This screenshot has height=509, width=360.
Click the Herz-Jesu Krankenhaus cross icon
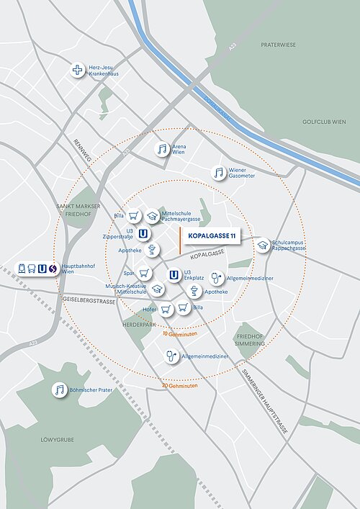coord(78,71)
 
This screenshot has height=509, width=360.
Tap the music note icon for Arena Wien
coord(163,150)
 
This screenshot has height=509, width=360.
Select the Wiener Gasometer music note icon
coord(219,173)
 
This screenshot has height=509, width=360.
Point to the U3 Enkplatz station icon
coord(174,274)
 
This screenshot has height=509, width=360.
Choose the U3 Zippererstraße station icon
coord(143,233)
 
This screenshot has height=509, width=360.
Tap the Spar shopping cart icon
coord(145,273)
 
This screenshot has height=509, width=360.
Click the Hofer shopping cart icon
coord(166,309)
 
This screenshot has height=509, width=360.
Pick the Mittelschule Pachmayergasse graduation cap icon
coord(152,215)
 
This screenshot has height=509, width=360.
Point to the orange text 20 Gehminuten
coord(179,385)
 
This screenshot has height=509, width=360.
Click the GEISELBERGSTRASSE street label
coord(88,300)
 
